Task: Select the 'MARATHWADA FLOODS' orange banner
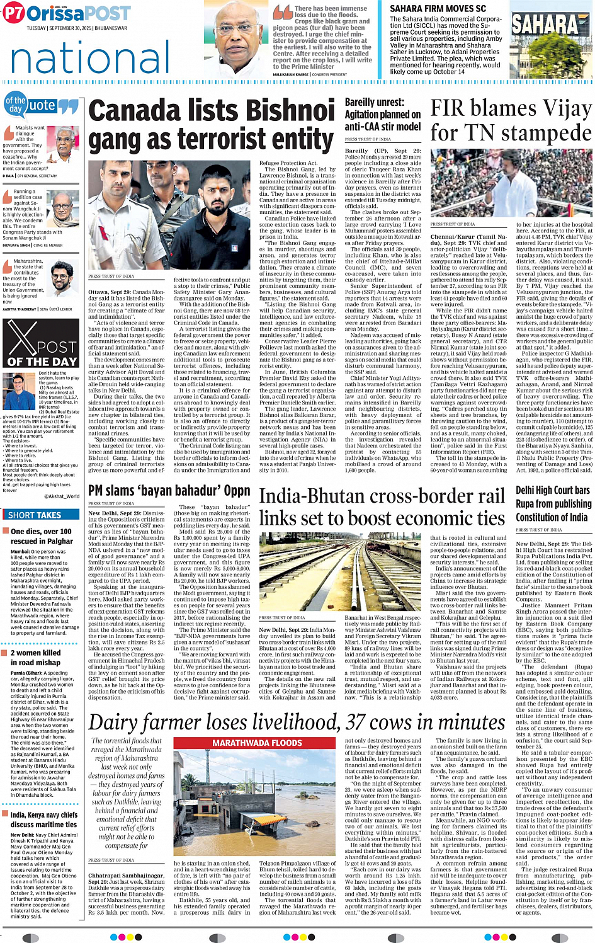point(257,743)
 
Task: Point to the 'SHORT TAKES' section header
point(35,515)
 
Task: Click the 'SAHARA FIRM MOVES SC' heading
point(438,9)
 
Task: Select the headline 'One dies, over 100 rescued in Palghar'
point(42,536)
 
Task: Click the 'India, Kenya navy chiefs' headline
point(43,814)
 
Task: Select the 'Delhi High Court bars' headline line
point(553,490)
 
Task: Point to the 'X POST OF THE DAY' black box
point(42,343)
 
